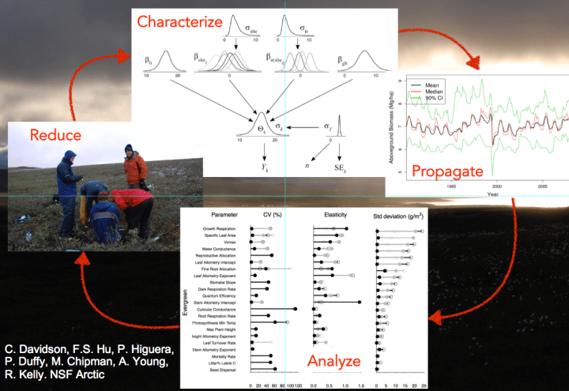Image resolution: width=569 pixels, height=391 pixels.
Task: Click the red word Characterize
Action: (179, 21)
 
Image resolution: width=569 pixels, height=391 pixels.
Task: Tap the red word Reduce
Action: (55, 135)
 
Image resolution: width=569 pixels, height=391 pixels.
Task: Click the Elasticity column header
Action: (330, 214)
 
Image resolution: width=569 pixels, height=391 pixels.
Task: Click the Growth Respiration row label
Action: (218, 228)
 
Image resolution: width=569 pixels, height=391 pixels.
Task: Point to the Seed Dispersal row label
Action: (224, 369)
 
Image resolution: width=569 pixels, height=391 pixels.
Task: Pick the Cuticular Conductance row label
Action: (216, 310)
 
